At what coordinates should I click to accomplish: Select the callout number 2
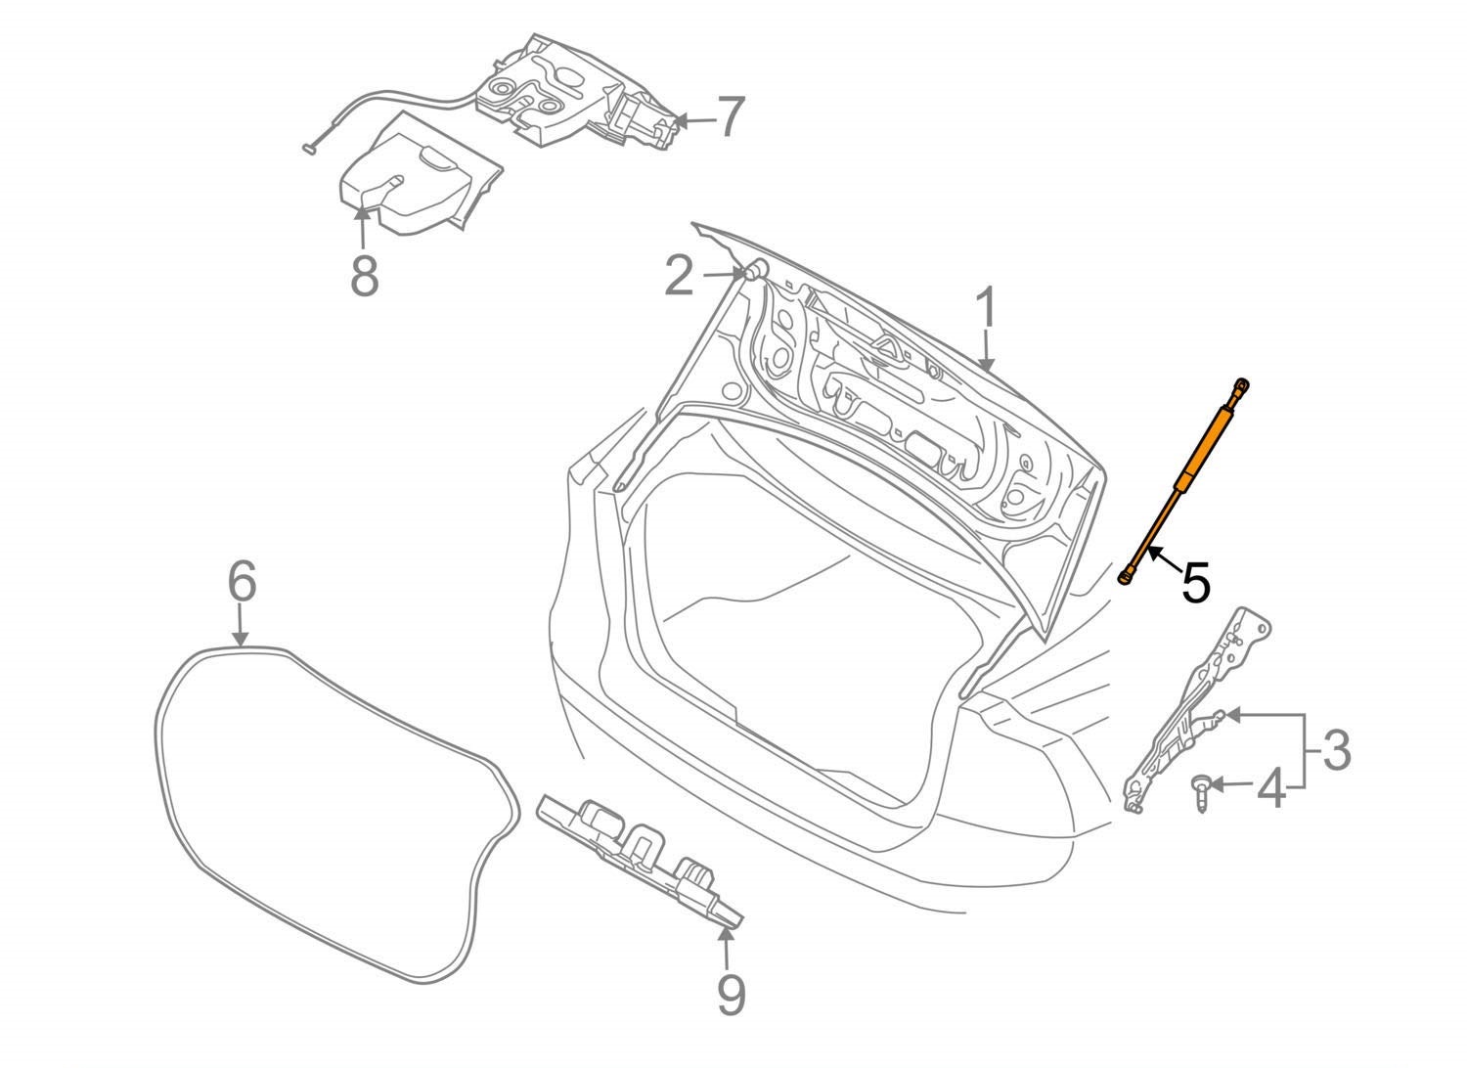click(679, 276)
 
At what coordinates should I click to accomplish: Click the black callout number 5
click(1196, 582)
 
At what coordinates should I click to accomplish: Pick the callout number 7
click(731, 116)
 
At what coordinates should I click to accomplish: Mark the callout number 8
click(364, 277)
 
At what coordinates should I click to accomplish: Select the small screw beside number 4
click(1200, 793)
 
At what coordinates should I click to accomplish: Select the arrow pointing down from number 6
click(241, 624)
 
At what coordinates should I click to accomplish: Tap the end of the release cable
click(309, 150)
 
